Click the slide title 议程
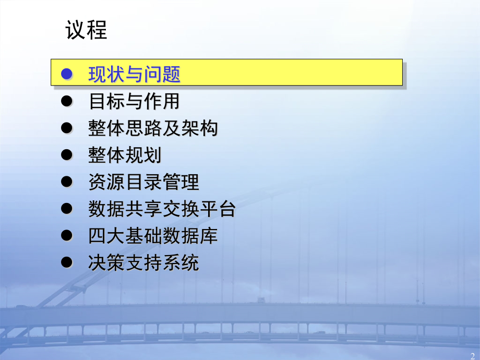coord(87,31)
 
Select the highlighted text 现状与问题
coord(134,75)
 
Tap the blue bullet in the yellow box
coord(66,74)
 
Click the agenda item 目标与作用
coord(134,101)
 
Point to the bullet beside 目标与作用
coord(66,101)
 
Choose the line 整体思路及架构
coord(153,128)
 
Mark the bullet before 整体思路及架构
coord(66,128)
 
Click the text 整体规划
coord(125,155)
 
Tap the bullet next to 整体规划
coord(66,155)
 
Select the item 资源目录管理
coord(143,182)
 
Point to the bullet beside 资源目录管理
coord(66,182)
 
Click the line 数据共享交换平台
coord(162,209)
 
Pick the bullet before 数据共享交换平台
coord(66,209)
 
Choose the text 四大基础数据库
coord(153,236)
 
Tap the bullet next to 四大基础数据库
coord(66,236)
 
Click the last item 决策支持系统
coord(143,262)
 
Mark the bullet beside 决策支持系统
coord(66,262)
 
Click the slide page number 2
coord(473,354)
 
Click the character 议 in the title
coord(76,31)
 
